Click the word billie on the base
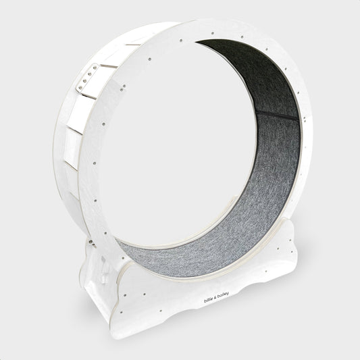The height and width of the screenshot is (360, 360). (x=208, y=300)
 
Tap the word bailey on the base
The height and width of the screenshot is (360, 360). (x=223, y=295)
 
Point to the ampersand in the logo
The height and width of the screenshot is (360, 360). (x=215, y=298)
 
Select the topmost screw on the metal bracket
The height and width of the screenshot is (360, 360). (x=95, y=68)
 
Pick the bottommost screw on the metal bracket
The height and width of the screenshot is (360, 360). (x=80, y=88)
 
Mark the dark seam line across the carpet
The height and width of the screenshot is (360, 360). (x=277, y=115)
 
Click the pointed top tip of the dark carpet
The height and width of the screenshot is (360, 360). (x=197, y=42)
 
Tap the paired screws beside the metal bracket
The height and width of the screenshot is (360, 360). (x=124, y=87)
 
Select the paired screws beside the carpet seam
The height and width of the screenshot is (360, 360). (x=305, y=119)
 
